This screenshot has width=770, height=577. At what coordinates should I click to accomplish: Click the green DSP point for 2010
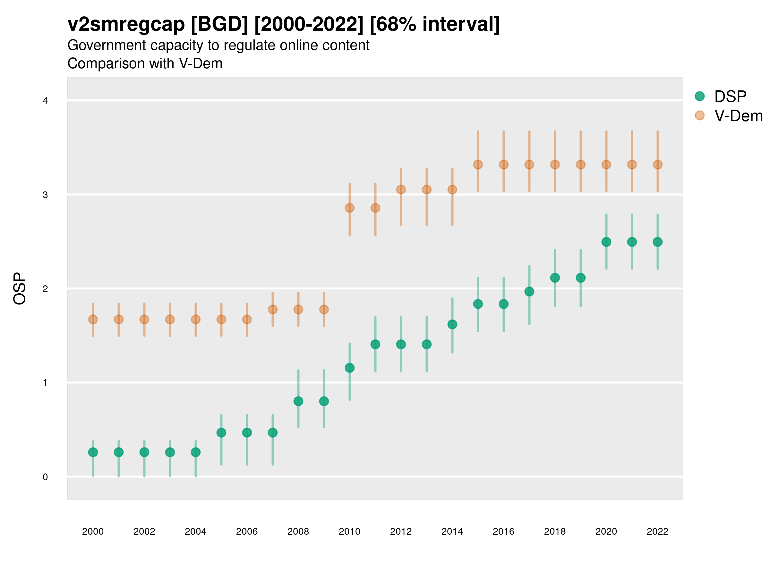tap(349, 368)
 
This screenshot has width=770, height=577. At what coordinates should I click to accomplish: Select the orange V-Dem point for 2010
tap(349, 208)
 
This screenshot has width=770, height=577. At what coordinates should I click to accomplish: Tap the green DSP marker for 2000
tap(93, 452)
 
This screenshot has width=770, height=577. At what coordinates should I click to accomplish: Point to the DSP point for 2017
tap(529, 291)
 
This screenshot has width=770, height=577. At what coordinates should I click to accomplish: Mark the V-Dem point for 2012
tap(401, 189)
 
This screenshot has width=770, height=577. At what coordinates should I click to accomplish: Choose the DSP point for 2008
tap(298, 401)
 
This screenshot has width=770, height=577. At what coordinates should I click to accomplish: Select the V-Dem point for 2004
tap(196, 319)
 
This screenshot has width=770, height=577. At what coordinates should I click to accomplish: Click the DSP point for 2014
tap(452, 324)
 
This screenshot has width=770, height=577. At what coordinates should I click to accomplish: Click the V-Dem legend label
tap(738, 116)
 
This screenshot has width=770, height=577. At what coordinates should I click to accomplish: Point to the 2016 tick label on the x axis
tap(503, 531)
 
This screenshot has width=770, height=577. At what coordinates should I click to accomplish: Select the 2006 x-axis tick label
tap(247, 531)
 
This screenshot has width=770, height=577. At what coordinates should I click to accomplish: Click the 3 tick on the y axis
tap(45, 195)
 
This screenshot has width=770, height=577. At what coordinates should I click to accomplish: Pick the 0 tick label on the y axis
tap(45, 477)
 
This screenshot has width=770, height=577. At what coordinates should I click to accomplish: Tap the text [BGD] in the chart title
tap(219, 24)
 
